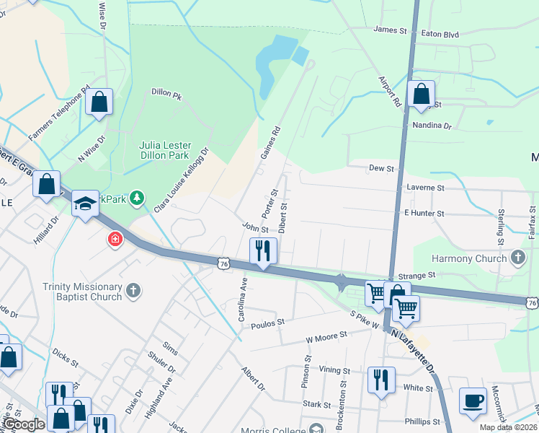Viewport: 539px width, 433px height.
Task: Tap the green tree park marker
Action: coord(138,198)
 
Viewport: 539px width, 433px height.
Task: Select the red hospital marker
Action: coord(115,239)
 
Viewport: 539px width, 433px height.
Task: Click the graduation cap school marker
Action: coord(84,205)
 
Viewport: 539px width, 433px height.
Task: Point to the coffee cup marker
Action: coord(473,401)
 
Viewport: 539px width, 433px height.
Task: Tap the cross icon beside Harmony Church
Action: coord(517,258)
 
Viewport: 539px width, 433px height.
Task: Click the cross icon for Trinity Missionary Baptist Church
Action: coord(132,290)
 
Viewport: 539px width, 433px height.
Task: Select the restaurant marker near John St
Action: coord(262,251)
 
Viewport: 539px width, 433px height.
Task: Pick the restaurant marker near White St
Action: coord(381,380)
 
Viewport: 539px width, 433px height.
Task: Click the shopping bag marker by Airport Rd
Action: coord(420,95)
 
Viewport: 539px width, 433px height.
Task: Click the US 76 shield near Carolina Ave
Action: coord(226,265)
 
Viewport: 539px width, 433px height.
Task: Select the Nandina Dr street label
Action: coord(432,126)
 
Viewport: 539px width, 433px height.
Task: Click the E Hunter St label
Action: coord(424,214)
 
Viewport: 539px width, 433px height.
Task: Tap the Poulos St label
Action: coord(268,325)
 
